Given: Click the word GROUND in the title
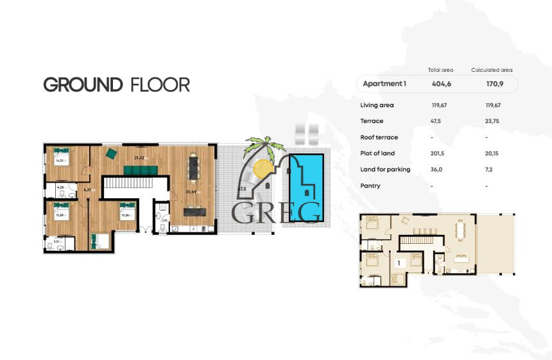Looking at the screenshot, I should pyautogui.click(x=83, y=85).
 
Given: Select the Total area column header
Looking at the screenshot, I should pyautogui.click(x=440, y=70).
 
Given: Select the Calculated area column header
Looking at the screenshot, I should pyautogui.click(x=492, y=70).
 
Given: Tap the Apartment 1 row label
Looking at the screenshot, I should pyautogui.click(x=384, y=84).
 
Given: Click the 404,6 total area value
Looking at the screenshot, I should pyautogui.click(x=440, y=84).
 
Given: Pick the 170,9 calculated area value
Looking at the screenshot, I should pyautogui.click(x=492, y=84).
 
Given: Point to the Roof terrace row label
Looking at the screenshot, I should pyautogui.click(x=379, y=137).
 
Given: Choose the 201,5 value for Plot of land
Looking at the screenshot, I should pyautogui.click(x=439, y=153).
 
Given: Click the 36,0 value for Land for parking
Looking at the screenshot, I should pyautogui.click(x=438, y=169).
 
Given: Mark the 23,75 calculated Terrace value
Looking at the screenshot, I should pyautogui.click(x=492, y=121).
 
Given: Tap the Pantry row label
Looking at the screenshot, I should pyautogui.click(x=370, y=186).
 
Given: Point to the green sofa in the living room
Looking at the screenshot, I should pyautogui.click(x=140, y=169).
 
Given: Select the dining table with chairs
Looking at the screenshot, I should pyautogui.click(x=193, y=169).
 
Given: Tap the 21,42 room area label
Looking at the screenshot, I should pyautogui.click(x=139, y=157).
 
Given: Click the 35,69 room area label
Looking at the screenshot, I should pyautogui.click(x=191, y=191).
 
